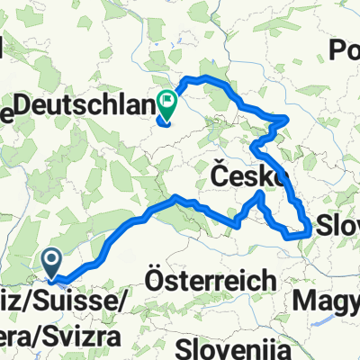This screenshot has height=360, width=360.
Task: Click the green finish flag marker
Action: point(167,104)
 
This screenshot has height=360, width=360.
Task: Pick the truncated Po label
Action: point(346,49)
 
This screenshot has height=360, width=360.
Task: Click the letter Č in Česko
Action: point(220,173)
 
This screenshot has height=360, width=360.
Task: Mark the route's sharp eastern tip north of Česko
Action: point(287,118)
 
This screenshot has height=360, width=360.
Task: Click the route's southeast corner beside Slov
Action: point(310,232)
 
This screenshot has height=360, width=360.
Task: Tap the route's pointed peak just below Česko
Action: point(261,193)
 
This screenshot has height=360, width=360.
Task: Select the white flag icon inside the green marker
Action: point(167,101)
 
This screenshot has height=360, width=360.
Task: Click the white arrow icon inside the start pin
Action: point(53,260)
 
